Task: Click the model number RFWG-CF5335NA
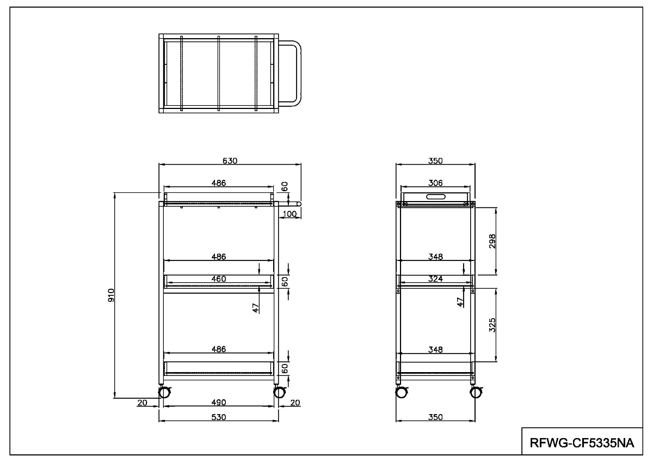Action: coord(582,443)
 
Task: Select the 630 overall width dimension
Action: coord(230,161)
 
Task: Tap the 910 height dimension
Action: coord(111,295)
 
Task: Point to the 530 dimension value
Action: coord(219,417)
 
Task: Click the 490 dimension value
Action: coord(219,403)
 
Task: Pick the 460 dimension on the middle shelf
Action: coord(219,279)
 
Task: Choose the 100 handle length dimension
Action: coord(289,214)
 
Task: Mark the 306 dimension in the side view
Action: coord(435,183)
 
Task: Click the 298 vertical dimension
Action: coord(492,241)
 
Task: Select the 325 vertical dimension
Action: coord(492,325)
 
